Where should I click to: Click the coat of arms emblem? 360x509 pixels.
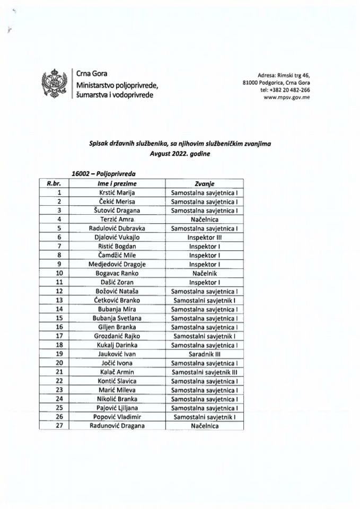click(54, 84)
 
